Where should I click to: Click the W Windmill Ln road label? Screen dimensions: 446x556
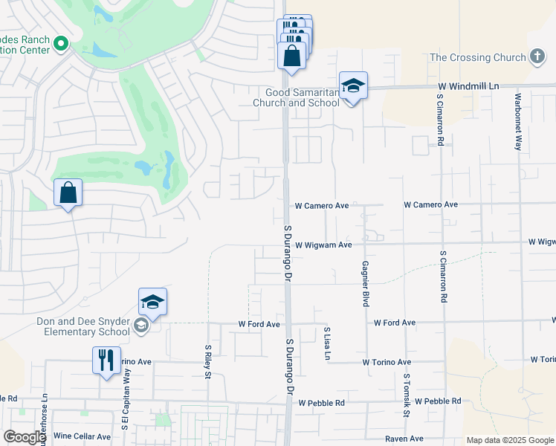468,87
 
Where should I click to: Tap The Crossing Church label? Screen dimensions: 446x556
480,57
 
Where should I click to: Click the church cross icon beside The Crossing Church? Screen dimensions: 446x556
537,57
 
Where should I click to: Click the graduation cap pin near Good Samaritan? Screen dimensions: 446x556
354,86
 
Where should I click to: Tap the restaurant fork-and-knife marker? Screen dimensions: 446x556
106,361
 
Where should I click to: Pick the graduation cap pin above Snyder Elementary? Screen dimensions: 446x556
152,302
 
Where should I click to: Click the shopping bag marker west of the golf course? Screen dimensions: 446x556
68,193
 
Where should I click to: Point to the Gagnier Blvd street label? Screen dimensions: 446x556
366,274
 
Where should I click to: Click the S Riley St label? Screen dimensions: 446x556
208,361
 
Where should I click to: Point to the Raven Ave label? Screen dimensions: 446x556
404,439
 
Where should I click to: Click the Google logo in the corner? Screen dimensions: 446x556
25,437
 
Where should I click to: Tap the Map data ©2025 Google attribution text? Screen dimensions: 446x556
509,440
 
